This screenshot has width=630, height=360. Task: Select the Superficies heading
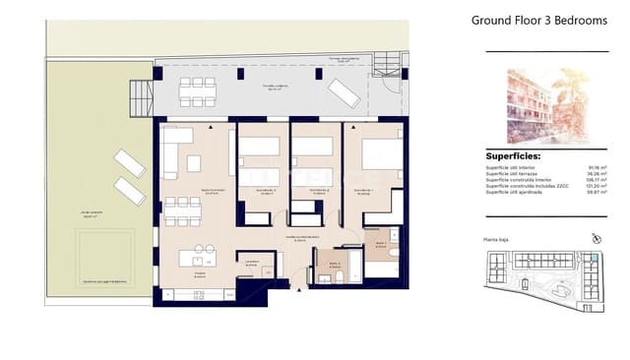tap(513, 155)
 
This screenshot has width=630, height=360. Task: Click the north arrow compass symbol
tap(595, 238)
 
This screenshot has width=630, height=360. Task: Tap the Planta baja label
tap(501, 240)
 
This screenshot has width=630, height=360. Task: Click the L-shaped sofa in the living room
tap(178, 145)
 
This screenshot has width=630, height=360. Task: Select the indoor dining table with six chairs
tap(182, 210)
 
